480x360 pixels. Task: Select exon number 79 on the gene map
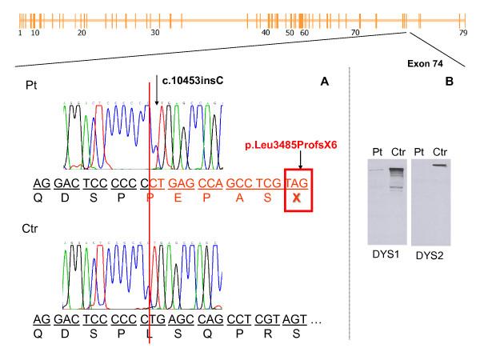point(463,33)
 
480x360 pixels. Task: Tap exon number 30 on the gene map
point(155,33)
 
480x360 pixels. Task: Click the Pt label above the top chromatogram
point(33,83)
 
